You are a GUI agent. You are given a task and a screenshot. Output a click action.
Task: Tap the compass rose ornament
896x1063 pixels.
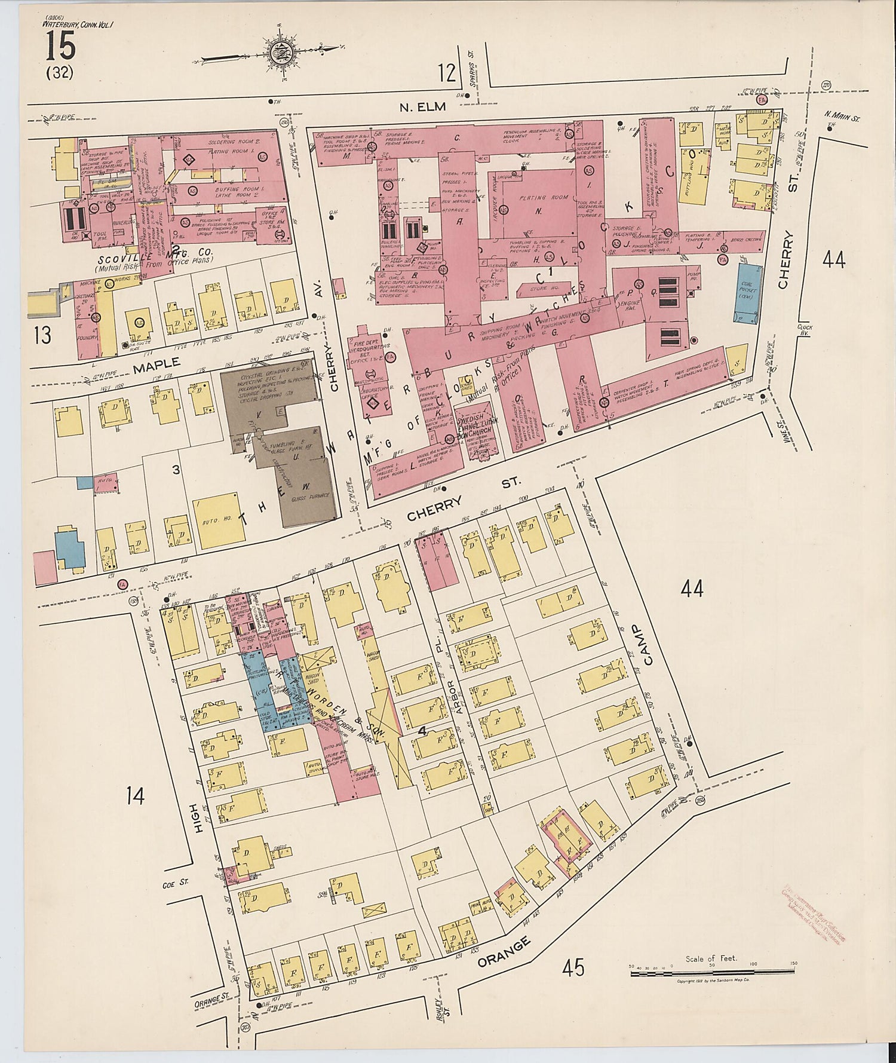[x=280, y=51]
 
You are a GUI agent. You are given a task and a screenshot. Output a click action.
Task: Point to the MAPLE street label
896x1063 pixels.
[x=157, y=364]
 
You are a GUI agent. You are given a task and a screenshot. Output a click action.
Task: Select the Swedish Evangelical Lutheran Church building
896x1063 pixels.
[x=477, y=425]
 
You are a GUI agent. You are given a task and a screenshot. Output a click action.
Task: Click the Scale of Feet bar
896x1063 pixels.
[x=711, y=974]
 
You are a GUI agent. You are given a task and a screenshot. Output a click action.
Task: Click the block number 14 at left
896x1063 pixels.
[x=135, y=796]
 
